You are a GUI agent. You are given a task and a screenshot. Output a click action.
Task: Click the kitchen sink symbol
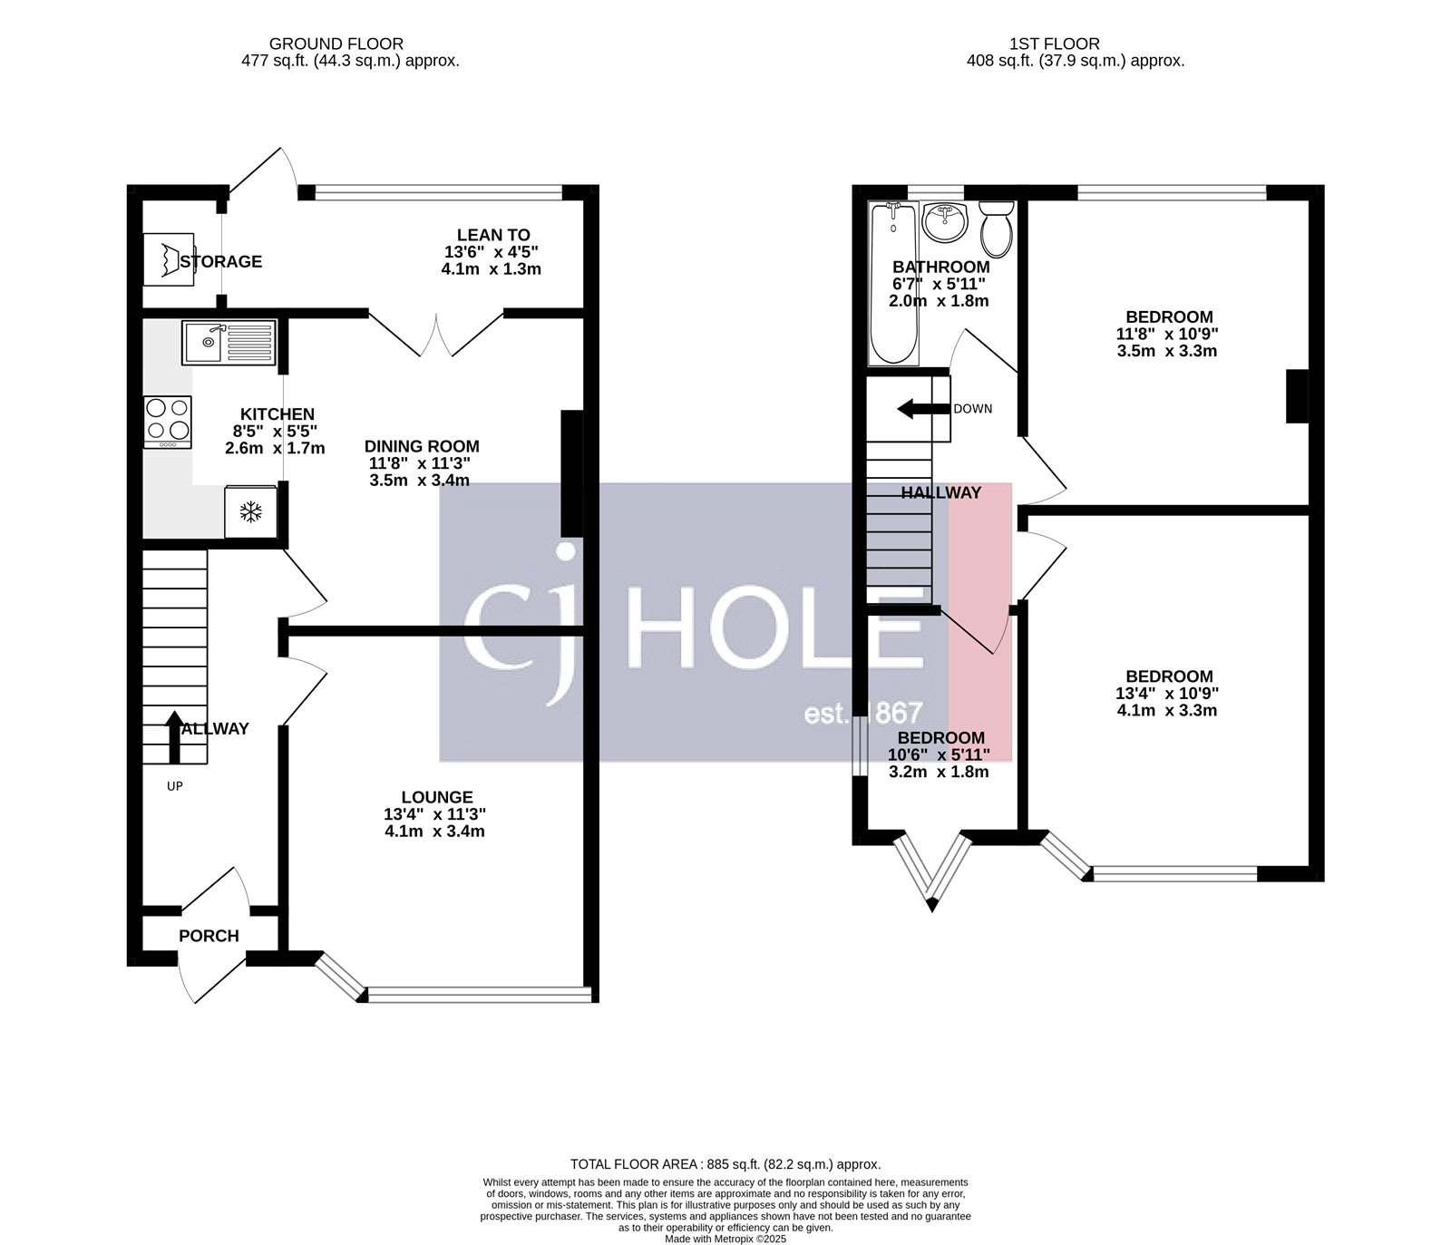229,342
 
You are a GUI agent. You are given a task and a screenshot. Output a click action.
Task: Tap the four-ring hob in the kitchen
168,422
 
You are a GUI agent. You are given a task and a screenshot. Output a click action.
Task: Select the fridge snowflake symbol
249,512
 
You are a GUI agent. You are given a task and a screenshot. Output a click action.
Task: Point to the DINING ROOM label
422,446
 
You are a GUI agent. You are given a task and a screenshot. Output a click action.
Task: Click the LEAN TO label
493,235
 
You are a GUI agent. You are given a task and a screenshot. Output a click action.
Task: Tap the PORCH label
209,936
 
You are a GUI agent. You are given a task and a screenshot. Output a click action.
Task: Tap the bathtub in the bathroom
893,281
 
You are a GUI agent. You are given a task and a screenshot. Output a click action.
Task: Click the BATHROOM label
940,267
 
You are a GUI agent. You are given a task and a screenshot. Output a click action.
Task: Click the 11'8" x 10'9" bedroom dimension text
1169,334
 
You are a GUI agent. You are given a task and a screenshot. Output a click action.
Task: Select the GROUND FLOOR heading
336,44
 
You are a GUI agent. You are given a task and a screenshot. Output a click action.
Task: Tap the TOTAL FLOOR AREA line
725,1164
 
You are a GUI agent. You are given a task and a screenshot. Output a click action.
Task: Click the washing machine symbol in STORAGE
169,259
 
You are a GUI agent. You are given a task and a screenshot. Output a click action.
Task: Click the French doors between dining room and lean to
437,334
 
